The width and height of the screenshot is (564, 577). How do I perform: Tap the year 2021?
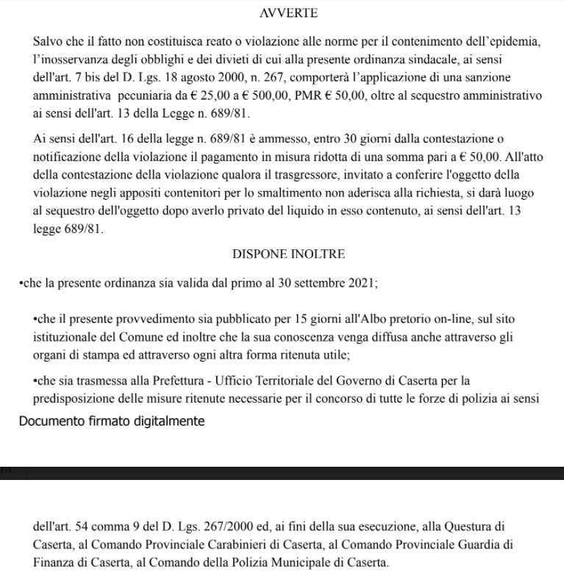coord(360,283)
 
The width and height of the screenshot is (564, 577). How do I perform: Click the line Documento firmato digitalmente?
coord(110,421)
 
